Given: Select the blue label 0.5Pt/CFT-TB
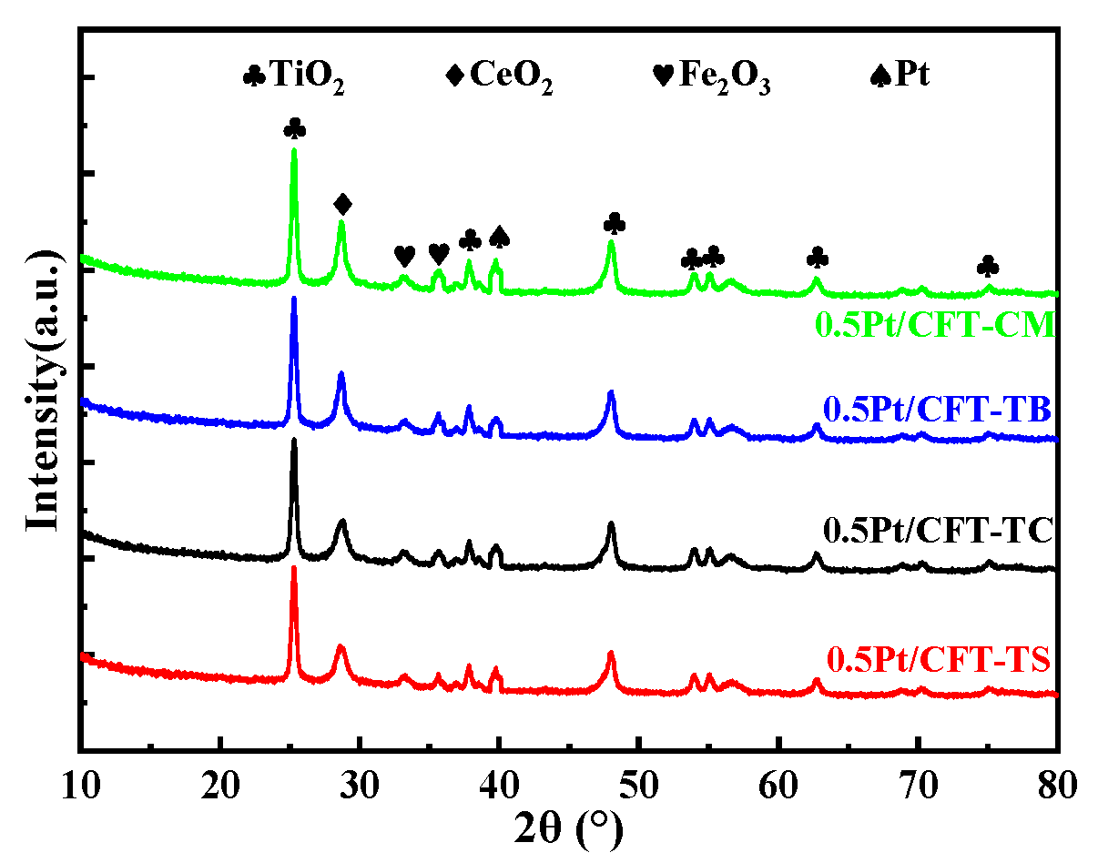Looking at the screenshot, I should point(938,411).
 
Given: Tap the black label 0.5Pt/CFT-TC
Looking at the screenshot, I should point(938,529).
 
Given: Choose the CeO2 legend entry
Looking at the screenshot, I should point(500,75).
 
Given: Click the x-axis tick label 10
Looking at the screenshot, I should point(80,782).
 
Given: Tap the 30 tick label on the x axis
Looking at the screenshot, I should point(360,782).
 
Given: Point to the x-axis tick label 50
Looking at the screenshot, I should point(639,782).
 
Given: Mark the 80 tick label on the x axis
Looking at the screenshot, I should point(1057,782).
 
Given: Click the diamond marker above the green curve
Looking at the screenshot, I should point(342,203).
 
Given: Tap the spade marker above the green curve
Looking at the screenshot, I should point(499,238).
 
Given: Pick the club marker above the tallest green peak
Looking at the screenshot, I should point(294,128).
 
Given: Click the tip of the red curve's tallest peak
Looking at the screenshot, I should point(294,567).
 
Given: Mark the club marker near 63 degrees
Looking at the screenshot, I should point(818,259).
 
